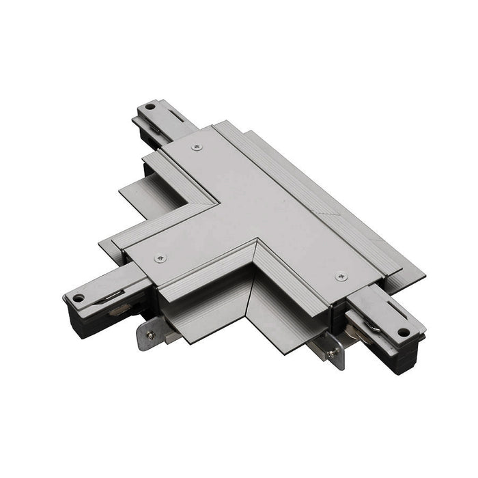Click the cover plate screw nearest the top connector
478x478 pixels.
coord(197,146)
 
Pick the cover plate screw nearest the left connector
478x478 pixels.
coord(160,257)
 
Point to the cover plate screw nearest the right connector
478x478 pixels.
coord(341,277)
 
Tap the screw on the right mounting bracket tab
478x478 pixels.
coord(333,353)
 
